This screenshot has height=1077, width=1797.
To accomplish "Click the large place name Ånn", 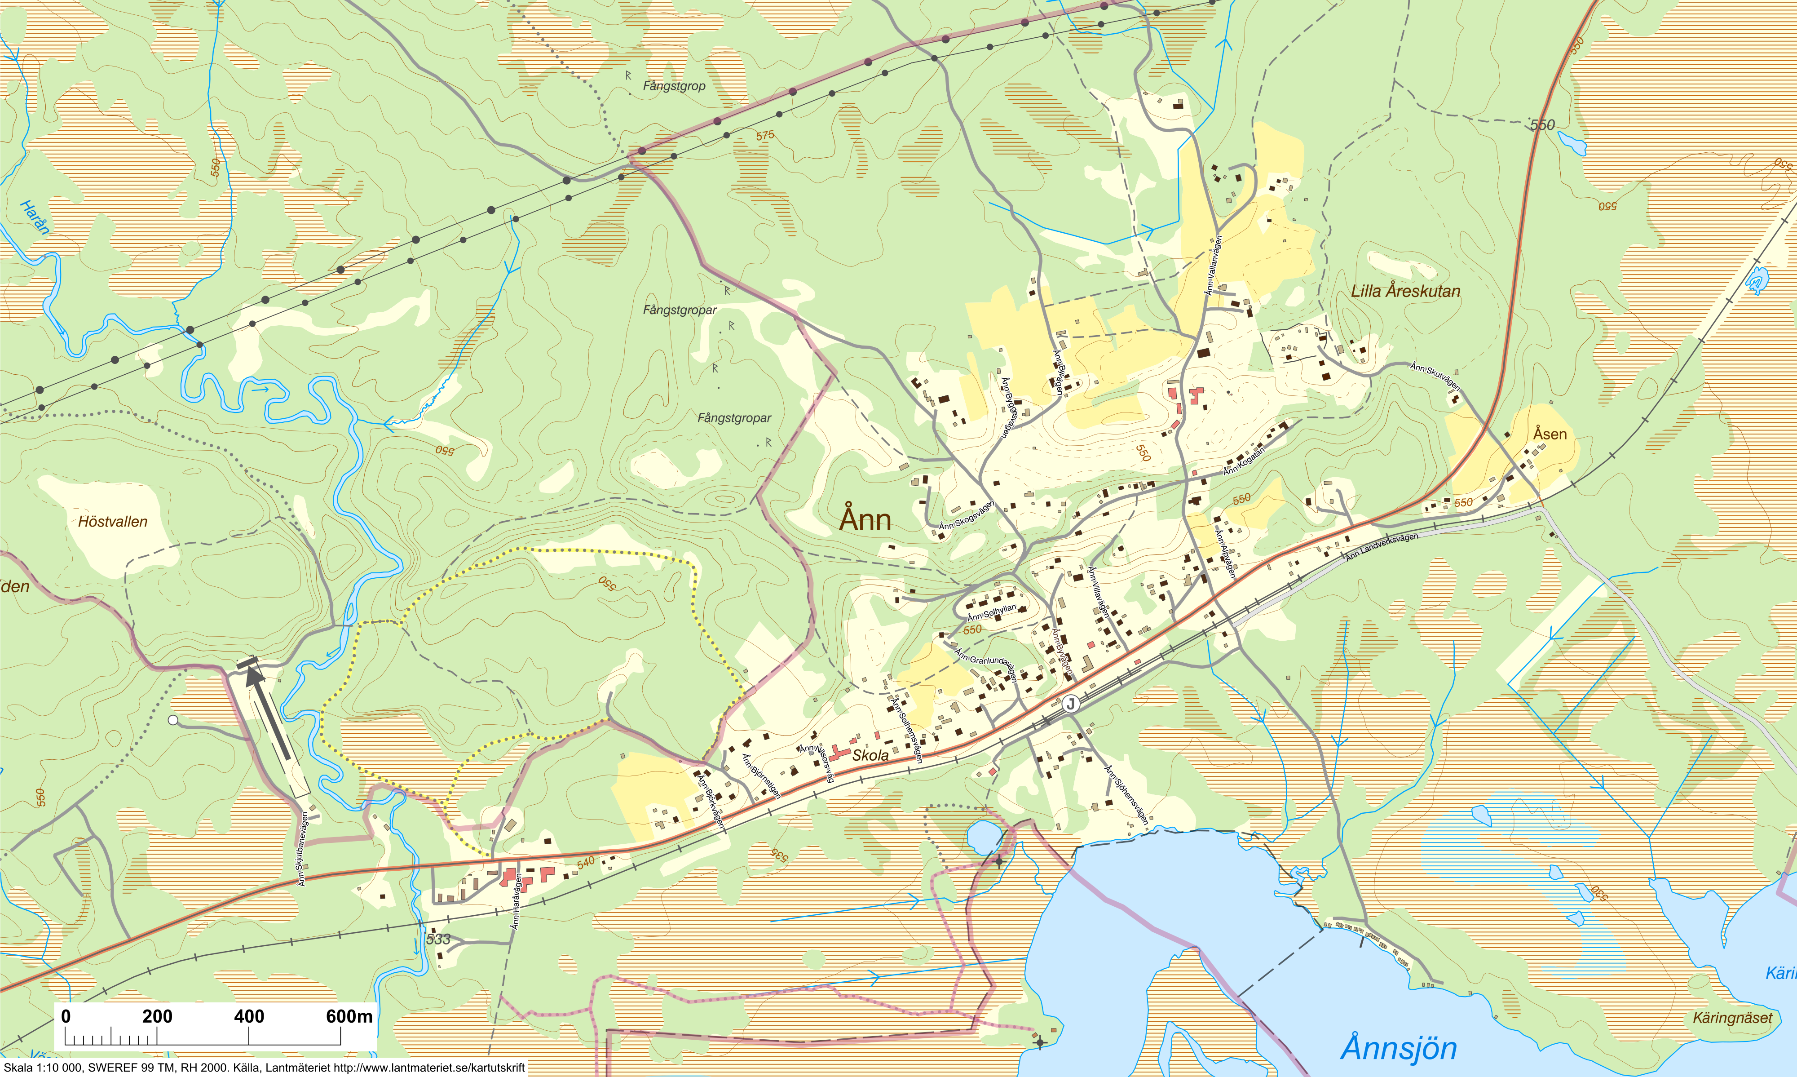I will point(865,520).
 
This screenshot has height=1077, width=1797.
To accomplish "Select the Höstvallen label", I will point(112,522).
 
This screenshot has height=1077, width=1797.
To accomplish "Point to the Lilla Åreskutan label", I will point(1405,291).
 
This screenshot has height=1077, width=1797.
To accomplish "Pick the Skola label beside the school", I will point(870,755).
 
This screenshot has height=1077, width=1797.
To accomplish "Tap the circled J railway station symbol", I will point(1070,703).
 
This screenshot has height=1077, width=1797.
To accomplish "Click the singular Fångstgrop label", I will point(674,86).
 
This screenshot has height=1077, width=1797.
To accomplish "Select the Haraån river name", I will point(35,218).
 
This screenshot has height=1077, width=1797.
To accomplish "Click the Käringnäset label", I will point(1732,1018).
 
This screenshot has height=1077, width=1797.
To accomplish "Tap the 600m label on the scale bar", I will point(349,1016).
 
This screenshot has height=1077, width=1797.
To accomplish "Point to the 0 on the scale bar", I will point(66,1016).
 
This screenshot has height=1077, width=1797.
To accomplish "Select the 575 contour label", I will point(764,136).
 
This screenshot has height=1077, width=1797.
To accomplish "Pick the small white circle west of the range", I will point(172,720).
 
